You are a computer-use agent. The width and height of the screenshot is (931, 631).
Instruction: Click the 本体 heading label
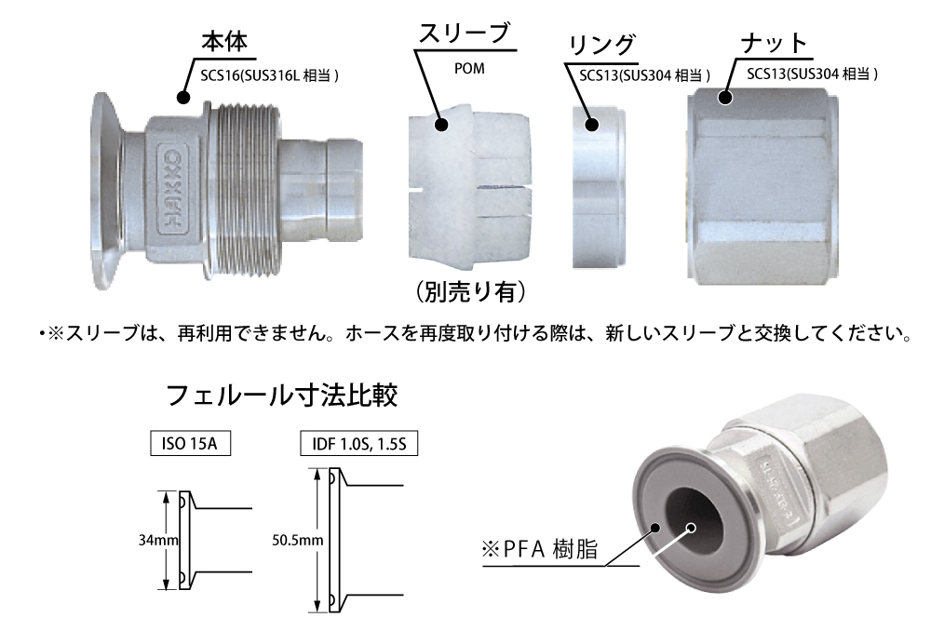224,42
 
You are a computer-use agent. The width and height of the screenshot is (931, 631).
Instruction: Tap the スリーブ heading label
465,34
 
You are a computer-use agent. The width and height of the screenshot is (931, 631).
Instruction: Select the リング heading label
601,45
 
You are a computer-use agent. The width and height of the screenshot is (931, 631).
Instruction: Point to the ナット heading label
774,44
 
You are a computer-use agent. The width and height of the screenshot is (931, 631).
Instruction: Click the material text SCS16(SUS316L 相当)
270,75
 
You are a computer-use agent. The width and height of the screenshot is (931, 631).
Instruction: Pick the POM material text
469,68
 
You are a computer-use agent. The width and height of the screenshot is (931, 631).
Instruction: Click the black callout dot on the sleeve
440,125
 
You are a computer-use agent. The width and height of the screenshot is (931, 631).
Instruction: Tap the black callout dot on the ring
591,125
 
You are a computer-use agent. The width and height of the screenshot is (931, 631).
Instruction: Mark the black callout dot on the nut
725,98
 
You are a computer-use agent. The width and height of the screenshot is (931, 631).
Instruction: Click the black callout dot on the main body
183,98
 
